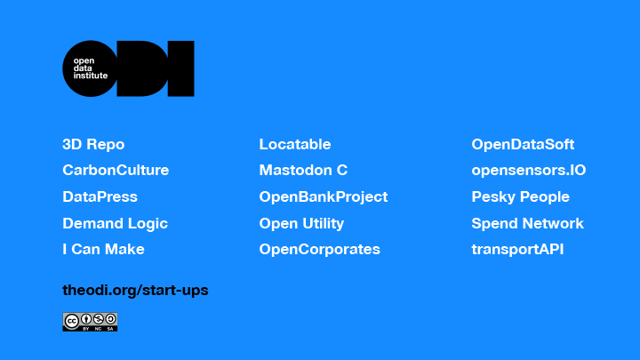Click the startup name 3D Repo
[93, 145]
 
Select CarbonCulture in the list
[116, 170]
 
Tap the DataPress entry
[100, 196]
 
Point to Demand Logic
[115, 224]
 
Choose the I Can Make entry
[103, 250]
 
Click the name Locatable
[295, 145]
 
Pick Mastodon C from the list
[303, 170]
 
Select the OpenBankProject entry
[324, 197]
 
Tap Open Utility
[301, 224]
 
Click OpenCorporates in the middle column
[320, 250]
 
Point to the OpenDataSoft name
[523, 145]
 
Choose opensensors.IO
[529, 171]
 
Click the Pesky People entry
[520, 197]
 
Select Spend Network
[527, 224]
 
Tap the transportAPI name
[517, 250]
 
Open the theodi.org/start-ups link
[135, 290]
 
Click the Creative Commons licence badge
[90, 322]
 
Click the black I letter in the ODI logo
[180, 68]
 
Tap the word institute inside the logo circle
[90, 76]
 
